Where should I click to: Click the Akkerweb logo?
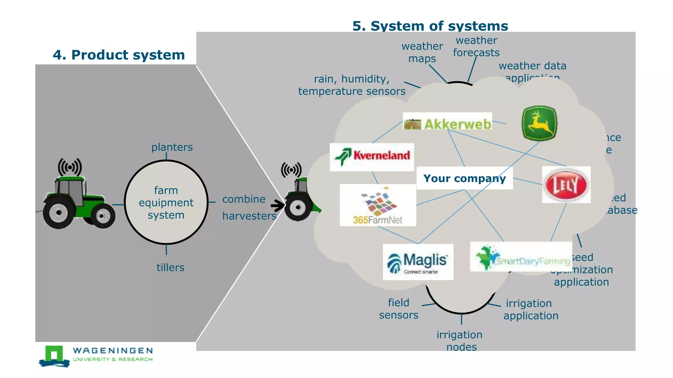tap(447, 121)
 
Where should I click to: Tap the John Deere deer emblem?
tap(539, 123)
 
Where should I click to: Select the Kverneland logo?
tap(372, 157)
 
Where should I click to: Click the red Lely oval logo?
tap(566, 185)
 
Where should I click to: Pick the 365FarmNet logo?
tap(378, 205)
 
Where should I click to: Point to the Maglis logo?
tap(418, 262)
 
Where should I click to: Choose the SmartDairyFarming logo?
tap(521, 257)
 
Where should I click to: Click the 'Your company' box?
tap(464, 178)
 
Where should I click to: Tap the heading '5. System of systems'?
tap(430, 26)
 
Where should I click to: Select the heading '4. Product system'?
tap(119, 55)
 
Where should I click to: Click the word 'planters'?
tap(172, 147)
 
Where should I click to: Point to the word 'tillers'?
tap(170, 267)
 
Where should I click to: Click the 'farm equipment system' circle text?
tap(166, 202)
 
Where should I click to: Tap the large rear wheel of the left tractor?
tap(59, 212)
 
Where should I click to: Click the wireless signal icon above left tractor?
tap(70, 167)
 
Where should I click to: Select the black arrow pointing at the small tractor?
tap(278, 206)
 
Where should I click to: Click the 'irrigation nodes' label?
tap(460, 341)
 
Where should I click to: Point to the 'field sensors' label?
tap(399, 308)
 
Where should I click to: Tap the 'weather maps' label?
tap(422, 52)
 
